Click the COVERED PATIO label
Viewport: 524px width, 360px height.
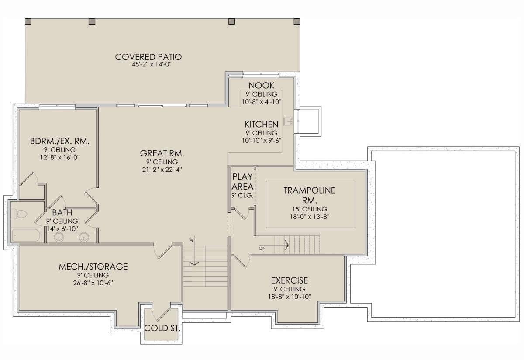coord(148,57)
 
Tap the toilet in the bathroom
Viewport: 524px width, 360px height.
coord(19,214)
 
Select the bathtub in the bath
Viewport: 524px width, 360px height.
coord(26,235)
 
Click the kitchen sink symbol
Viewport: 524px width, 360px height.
coord(288,121)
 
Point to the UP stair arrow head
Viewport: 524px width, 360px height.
coord(194,263)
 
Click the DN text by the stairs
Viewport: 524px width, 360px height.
coord(262,249)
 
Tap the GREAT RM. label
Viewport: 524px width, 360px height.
coord(162,153)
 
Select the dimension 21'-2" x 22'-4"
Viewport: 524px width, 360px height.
coord(162,170)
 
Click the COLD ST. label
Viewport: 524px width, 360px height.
coord(162,328)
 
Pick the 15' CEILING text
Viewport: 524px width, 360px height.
coord(310,209)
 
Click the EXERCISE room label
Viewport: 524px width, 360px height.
coord(290,280)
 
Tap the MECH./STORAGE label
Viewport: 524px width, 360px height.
coord(93,267)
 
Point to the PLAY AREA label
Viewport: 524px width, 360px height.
coord(243,182)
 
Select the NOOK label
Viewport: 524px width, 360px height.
coord(261,86)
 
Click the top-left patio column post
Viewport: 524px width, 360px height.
coord(28,21)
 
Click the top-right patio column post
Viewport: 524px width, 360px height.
coord(297,21)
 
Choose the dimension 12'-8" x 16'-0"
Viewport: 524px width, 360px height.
coord(60,157)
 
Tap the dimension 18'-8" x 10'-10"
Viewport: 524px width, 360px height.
coord(290,297)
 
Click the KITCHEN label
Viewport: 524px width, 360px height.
coord(262,124)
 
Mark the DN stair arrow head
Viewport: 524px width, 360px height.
coord(287,245)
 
